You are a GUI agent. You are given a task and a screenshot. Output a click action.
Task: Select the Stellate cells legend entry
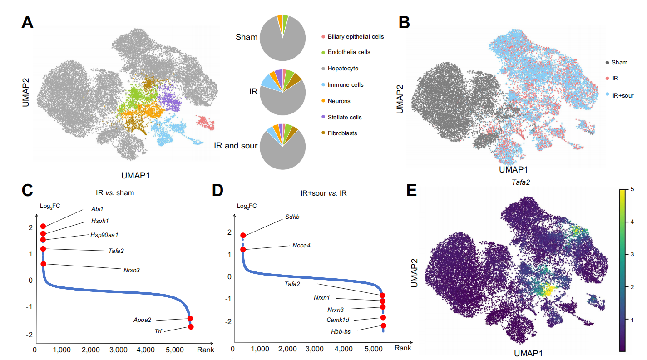coord(345,117)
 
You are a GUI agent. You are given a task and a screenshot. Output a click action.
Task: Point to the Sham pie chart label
coord(247,37)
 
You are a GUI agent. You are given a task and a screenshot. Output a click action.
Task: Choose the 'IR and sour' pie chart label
coord(236,146)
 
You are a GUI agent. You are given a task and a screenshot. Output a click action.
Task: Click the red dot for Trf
coord(191,327)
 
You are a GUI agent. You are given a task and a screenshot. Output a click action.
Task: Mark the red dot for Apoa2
coord(190,318)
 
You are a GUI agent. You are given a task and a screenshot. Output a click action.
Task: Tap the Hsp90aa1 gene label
coord(108,235)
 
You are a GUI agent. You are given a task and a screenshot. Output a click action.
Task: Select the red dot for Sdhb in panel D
coord(243,235)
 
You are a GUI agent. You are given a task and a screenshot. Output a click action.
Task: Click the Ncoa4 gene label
coord(301,246)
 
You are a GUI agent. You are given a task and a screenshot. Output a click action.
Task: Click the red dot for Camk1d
coord(383,317)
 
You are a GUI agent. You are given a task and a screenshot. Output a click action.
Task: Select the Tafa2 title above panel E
coord(521,182)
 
